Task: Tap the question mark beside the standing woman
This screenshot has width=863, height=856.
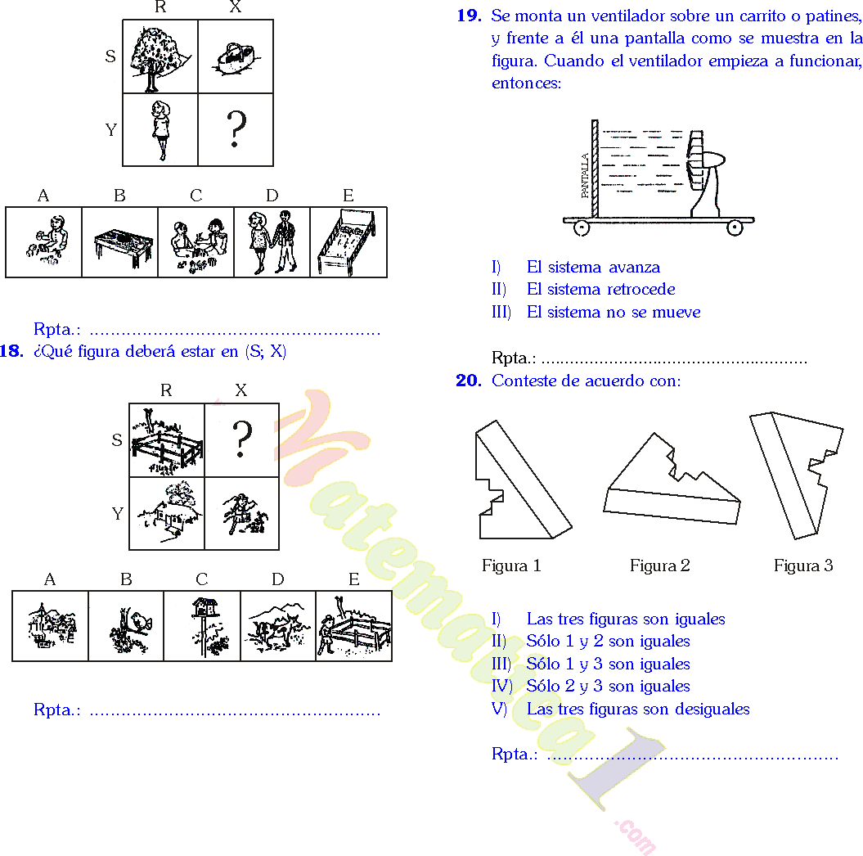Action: point(236,129)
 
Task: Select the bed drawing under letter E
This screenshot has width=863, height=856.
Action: point(347,243)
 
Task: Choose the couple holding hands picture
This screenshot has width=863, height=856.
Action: point(272,242)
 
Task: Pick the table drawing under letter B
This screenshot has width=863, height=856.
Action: point(119,243)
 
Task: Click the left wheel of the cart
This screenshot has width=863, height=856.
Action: point(582,228)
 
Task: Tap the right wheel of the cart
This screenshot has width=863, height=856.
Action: point(735,228)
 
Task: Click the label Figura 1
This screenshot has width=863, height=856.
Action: point(511,565)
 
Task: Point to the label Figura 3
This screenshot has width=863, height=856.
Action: point(803,565)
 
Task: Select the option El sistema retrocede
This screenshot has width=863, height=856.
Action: point(600,289)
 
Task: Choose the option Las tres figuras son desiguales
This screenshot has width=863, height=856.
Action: point(638,709)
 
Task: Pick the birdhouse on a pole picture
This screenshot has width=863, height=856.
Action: point(202,626)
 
